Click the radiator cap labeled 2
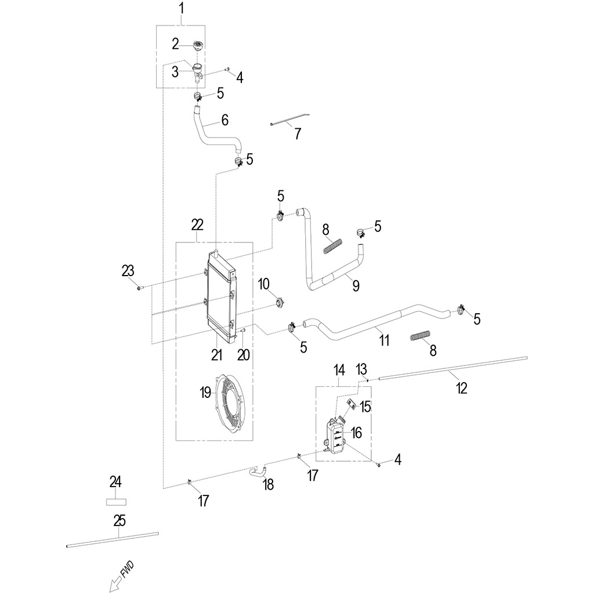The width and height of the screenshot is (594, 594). pyautogui.click(x=197, y=45)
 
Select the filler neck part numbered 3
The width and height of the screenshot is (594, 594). pyautogui.click(x=198, y=73)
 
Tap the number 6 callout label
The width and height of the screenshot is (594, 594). pyautogui.click(x=225, y=120)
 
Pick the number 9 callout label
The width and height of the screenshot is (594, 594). pyautogui.click(x=356, y=285)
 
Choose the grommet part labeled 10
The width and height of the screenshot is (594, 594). pyautogui.click(x=280, y=303)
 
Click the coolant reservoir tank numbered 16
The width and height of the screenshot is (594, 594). pyautogui.click(x=335, y=436)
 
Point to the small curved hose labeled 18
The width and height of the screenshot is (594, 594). pyautogui.click(x=258, y=471)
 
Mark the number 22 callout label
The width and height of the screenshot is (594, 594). pyautogui.click(x=197, y=224)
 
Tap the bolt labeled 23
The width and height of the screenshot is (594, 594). pyautogui.click(x=139, y=288)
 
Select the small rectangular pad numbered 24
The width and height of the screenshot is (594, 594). pyautogui.click(x=115, y=502)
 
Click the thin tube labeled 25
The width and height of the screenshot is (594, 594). pyautogui.click(x=112, y=539)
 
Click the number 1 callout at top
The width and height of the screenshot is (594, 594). pyautogui.click(x=182, y=8)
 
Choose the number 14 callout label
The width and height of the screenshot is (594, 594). pyautogui.click(x=339, y=370)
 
